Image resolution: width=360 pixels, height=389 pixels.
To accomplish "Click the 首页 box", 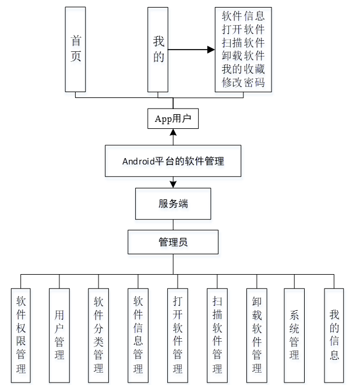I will pyautogui.click(x=76, y=50).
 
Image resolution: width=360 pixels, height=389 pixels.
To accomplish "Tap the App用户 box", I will pyautogui.click(x=172, y=119).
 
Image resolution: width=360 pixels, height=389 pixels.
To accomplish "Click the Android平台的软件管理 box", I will pyautogui.click(x=172, y=161).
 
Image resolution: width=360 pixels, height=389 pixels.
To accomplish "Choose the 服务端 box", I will pyautogui.click(x=172, y=204).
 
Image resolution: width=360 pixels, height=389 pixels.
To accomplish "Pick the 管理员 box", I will pyautogui.click(x=172, y=242).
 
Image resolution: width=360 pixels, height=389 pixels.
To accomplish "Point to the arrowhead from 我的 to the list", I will pyautogui.click(x=210, y=50).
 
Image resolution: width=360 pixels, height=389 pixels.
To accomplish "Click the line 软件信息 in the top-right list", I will pyautogui.click(x=243, y=16).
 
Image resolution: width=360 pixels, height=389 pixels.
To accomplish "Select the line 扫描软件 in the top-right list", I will pyautogui.click(x=243, y=43).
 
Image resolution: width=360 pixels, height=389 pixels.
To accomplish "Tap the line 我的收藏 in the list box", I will pyautogui.click(x=243, y=69).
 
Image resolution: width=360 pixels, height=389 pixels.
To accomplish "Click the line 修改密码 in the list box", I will pyautogui.click(x=243, y=83).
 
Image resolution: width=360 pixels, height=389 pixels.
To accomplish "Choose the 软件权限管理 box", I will pyautogui.click(x=21, y=335).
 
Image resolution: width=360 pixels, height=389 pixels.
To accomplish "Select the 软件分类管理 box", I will pyautogui.click(x=98, y=335).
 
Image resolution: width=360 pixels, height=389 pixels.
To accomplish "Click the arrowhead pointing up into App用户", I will pyautogui.click(x=172, y=133).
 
